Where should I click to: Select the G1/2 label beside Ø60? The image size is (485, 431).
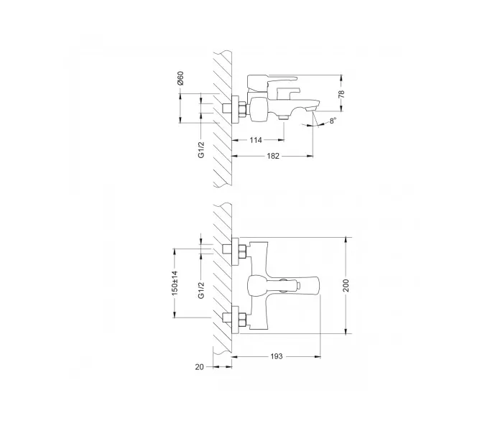pos(202,149)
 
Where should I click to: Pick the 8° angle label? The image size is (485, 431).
pos(331,121)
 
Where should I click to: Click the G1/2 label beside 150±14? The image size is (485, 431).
pos(202,290)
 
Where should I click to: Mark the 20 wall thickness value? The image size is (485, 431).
pos(200,367)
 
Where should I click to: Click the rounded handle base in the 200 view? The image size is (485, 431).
pos(257,284)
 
